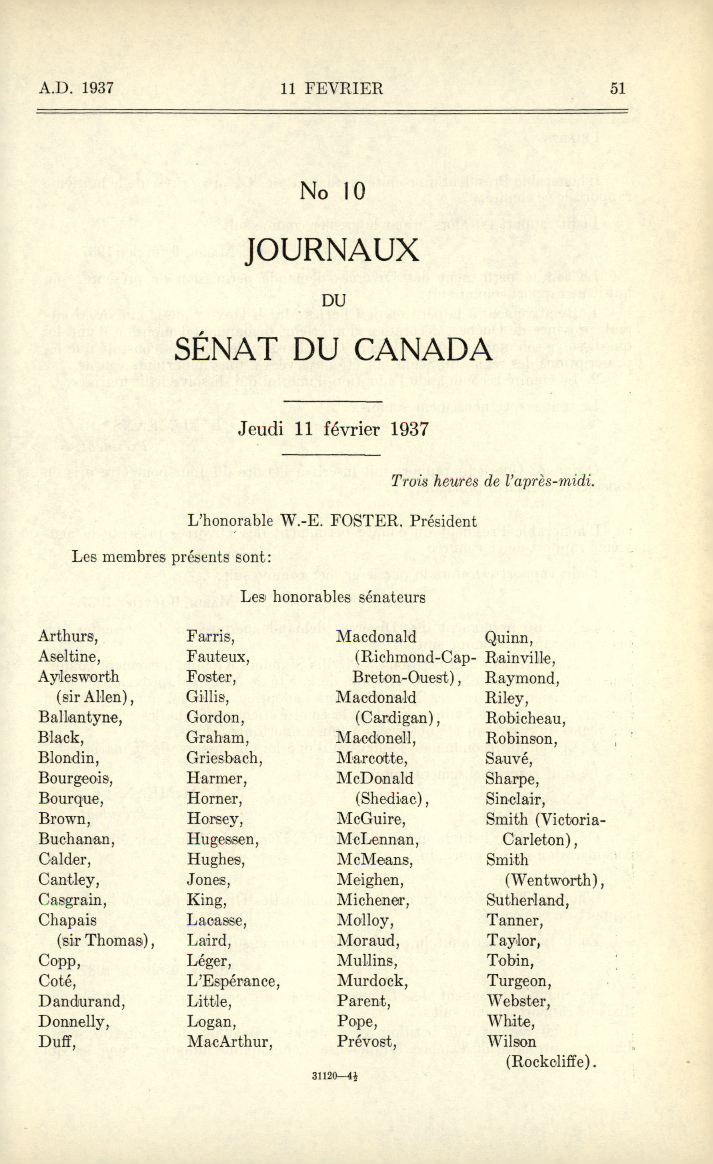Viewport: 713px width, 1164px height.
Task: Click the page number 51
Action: coord(617,88)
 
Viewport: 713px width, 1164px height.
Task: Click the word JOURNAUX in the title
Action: coord(333,251)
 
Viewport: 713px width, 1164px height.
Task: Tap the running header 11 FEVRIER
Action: coord(332,88)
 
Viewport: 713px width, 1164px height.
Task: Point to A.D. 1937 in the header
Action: coord(76,88)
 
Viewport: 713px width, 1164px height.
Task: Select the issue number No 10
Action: coord(332,191)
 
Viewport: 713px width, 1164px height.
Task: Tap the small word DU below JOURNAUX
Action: coord(334,301)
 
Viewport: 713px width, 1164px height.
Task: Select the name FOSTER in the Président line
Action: coord(363,521)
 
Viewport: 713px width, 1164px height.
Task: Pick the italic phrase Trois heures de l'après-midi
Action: coord(491,481)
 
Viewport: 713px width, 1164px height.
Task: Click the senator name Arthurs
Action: coord(68,636)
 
